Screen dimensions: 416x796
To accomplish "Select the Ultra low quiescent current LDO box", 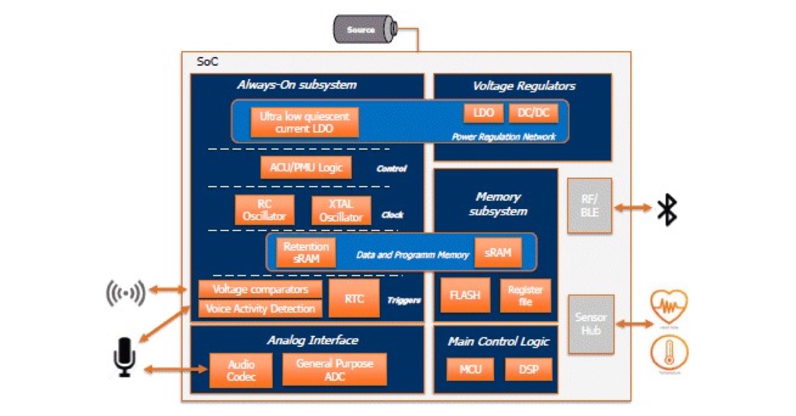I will click(304, 122).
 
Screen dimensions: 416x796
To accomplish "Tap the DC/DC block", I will click(533, 113).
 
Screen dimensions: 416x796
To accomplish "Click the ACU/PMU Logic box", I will click(306, 167).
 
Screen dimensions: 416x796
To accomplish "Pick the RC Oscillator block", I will click(264, 210).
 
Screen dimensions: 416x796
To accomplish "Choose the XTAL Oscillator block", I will click(341, 210).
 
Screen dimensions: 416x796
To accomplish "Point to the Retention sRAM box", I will click(306, 253).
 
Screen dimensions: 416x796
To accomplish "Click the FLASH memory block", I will click(465, 295).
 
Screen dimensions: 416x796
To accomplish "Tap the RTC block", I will click(354, 299).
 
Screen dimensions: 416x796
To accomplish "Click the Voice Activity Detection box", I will click(261, 309).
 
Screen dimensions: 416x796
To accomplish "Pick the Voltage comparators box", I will click(261, 290).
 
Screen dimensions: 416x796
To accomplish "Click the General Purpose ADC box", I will click(334, 370).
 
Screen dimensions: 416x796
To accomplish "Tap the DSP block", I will click(527, 369).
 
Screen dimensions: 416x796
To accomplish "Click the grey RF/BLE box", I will click(589, 205).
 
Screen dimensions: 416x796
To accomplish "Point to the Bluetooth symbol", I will click(666, 210).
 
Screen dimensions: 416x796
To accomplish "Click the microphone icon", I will click(124, 357).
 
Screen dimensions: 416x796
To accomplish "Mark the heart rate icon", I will click(669, 307).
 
